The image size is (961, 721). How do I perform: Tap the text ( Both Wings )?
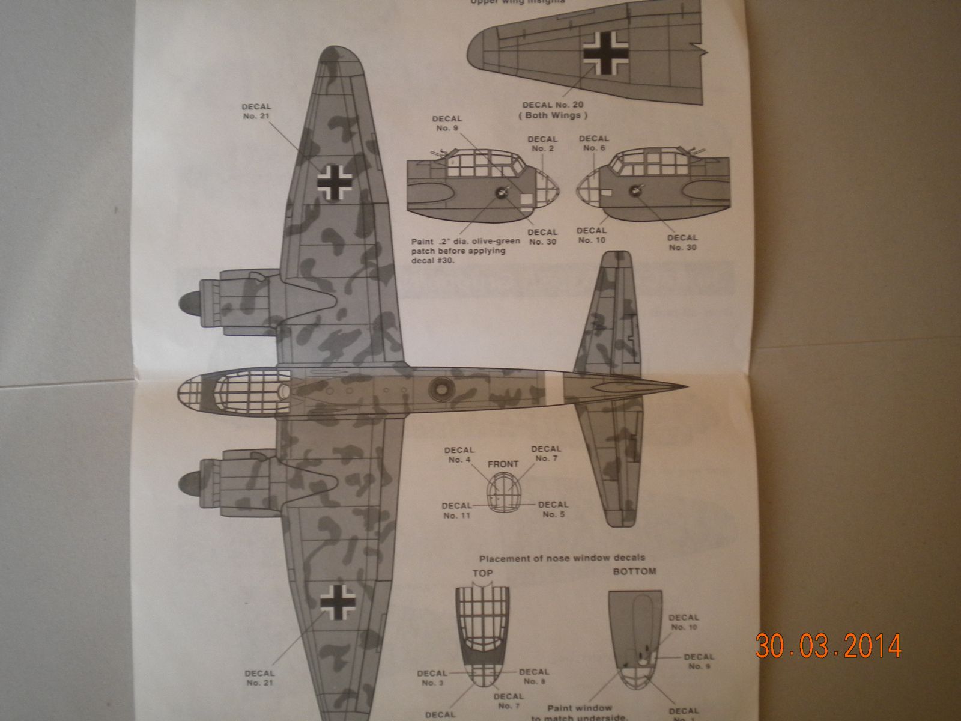pos(553,115)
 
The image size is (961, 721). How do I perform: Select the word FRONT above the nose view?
pos(503,464)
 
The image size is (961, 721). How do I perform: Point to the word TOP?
pos(482,573)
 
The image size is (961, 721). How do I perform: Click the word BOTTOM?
pos(634,571)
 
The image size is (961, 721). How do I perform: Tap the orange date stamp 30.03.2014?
pos(828,646)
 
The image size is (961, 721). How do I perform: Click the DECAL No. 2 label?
pos(542,144)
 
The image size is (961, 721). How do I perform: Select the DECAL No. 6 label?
pos(593,143)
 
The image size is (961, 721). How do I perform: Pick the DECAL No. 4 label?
pos(459,455)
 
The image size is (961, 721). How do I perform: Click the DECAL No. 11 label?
pos(456,510)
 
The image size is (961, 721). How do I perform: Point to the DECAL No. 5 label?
pos(553,510)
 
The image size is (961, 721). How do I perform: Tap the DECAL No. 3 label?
pos(432,677)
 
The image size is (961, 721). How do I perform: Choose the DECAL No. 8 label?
pos(533,677)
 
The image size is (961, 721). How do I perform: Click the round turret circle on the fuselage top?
pos(439,389)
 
